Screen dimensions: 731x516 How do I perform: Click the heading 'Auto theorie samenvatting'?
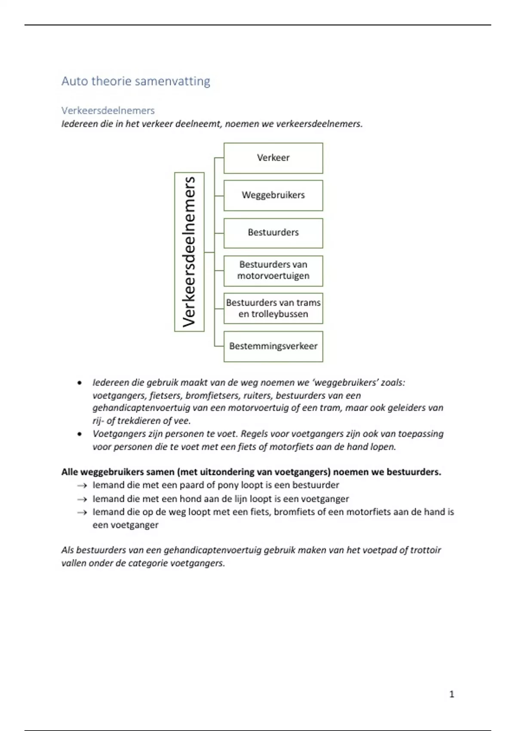coord(135,81)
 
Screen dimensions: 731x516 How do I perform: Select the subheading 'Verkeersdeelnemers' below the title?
coord(108,111)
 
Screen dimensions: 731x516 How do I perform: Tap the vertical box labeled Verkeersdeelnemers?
coord(189,252)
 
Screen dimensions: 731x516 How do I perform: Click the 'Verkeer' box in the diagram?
coord(273,158)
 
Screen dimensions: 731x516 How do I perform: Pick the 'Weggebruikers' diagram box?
coord(273,195)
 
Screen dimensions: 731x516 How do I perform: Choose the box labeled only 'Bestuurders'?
coord(273,233)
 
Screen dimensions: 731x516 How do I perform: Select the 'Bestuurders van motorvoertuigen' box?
coord(273,270)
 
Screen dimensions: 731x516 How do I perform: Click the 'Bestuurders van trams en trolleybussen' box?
coord(273,308)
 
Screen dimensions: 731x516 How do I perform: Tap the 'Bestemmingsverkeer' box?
coord(273,346)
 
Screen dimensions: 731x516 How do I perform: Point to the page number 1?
coord(451,694)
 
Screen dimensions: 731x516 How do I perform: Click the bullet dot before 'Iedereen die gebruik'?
coord(79,383)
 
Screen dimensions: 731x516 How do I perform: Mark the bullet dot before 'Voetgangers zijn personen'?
coord(79,434)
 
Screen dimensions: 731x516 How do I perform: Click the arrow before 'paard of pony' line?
coord(82,486)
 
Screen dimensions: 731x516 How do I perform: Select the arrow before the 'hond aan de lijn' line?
coord(82,500)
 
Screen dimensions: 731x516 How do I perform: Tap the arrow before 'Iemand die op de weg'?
coord(82,513)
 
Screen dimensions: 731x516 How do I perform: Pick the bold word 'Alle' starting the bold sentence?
coord(70,472)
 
